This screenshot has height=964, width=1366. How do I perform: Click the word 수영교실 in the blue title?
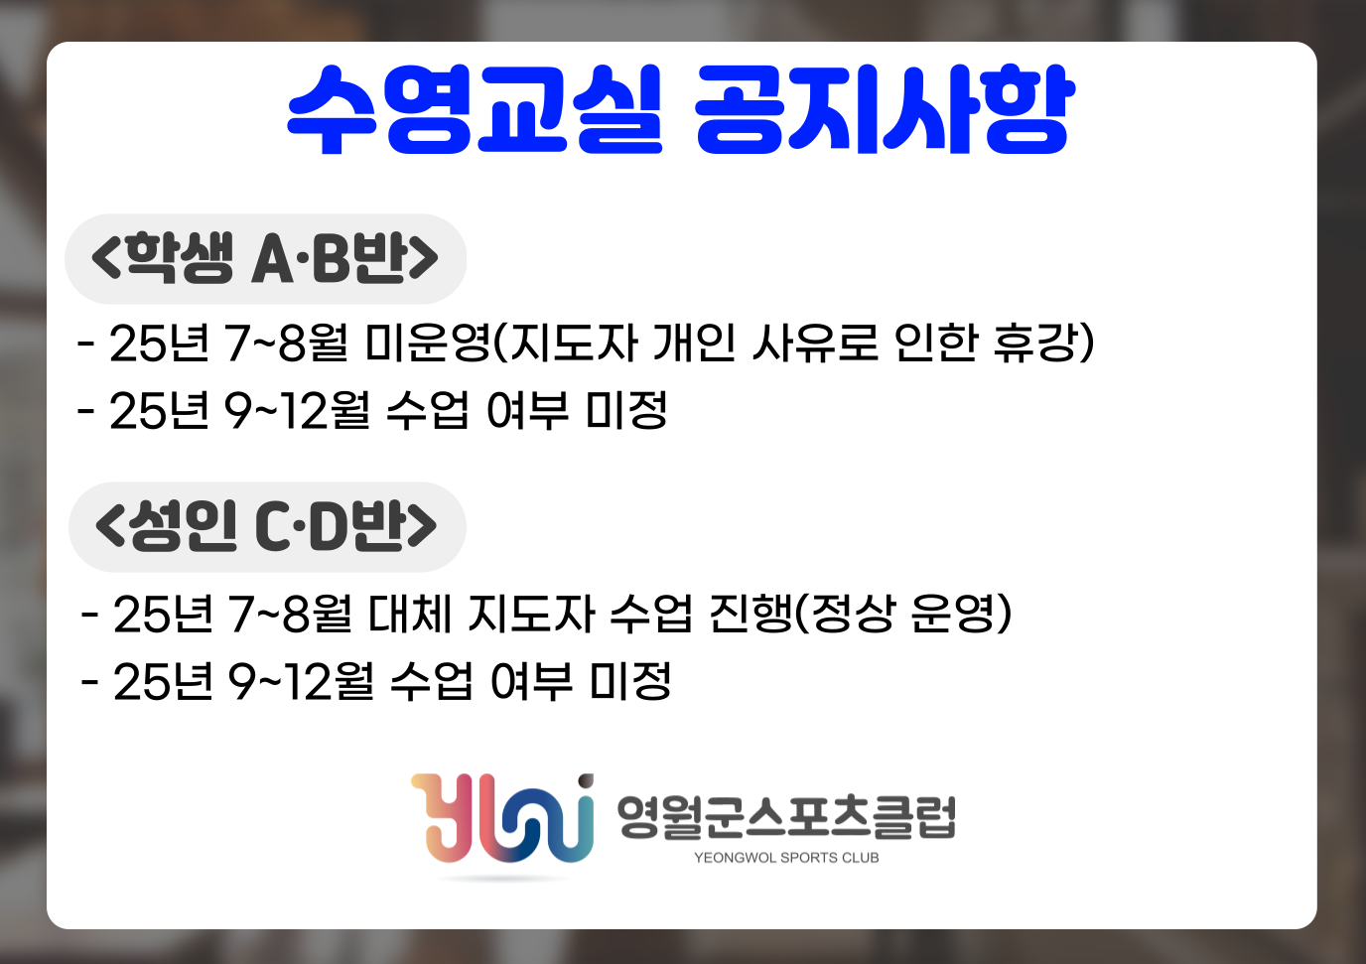tap(474, 110)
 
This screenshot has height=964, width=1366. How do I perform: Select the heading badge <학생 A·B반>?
tap(265, 258)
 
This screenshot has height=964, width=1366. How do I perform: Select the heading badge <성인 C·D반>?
tap(267, 527)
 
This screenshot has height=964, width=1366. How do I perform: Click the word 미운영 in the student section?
tap(428, 343)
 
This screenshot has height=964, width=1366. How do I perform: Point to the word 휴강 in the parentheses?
tap(1034, 343)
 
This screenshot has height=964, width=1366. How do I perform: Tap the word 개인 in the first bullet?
tap(694, 343)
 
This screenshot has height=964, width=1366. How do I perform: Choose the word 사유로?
tap(815, 343)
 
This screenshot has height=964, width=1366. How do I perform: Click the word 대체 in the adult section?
tap(410, 613)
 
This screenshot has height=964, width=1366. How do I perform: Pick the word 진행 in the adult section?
tap(751, 613)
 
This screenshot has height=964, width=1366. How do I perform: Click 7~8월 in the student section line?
tap(287, 343)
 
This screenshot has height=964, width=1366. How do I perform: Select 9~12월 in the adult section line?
tap(301, 681)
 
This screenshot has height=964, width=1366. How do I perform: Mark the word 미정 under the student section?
tap(626, 410)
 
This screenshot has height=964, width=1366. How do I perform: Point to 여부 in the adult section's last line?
tap(531, 681)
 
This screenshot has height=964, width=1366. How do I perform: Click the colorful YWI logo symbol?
tap(502, 818)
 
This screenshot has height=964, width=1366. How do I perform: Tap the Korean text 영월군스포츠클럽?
tap(786, 817)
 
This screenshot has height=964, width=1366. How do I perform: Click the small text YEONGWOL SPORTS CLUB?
tap(786, 858)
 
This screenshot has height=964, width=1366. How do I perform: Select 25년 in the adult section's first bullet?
tap(163, 613)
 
